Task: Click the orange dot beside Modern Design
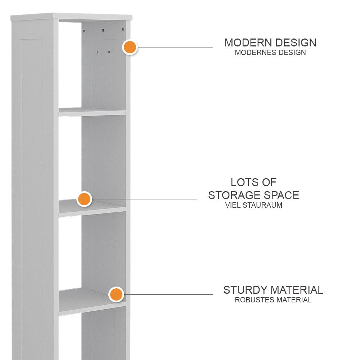pyautogui.click(x=130, y=47)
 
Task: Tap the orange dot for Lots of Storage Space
pyautogui.click(x=84, y=199)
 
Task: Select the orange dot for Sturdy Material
pyautogui.click(x=116, y=294)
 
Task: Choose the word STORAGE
pyautogui.click(x=234, y=195)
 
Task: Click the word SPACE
pyautogui.click(x=281, y=195)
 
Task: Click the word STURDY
pyautogui.click(x=245, y=290)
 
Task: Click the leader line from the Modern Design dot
pyautogui.click(x=176, y=47)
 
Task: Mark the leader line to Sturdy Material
pyautogui.click(x=169, y=294)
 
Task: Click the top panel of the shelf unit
pyautogui.click(x=72, y=17)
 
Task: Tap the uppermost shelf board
pyautogui.click(x=92, y=112)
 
